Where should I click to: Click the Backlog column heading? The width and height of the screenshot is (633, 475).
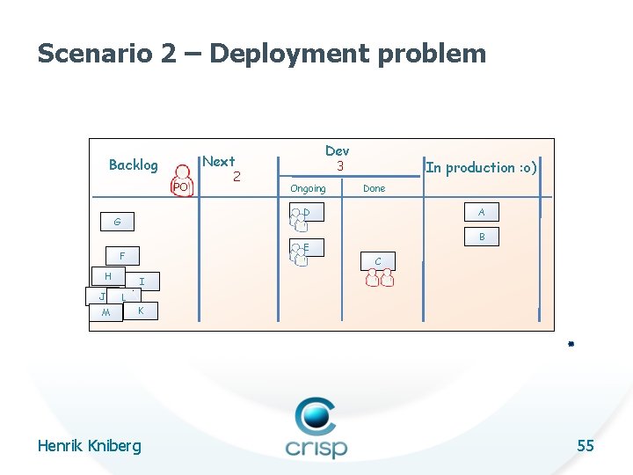point(133,164)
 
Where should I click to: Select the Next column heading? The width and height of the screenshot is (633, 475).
point(218,161)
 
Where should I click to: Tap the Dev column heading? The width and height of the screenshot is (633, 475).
point(337,151)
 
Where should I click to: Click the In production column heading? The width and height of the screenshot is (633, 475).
point(481,167)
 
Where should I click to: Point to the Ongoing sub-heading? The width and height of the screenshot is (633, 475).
point(308,188)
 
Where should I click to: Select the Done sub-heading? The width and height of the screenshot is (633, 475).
point(374,188)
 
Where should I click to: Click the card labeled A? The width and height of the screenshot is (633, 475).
point(481,212)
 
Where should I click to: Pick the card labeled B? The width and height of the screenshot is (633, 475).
point(481,237)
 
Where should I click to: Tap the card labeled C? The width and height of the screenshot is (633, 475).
point(378,261)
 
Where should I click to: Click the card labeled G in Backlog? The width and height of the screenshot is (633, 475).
point(117,221)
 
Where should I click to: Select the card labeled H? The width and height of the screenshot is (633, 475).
point(108,276)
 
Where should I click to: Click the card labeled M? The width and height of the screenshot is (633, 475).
point(105,313)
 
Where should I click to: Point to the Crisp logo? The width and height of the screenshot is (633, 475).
point(316,428)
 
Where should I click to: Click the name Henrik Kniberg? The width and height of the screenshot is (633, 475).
point(89,446)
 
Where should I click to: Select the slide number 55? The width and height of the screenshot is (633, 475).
point(585,446)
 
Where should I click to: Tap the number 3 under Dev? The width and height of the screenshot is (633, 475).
point(338,165)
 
